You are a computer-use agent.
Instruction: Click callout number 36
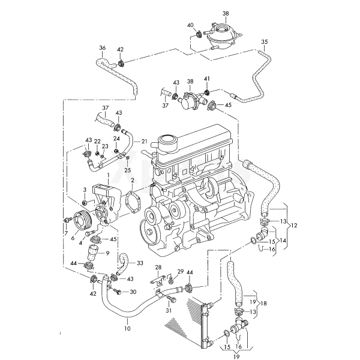[102, 47]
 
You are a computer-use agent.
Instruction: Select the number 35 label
[265, 41]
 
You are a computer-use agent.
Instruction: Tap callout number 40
[190, 25]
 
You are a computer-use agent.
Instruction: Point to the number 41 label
[207, 79]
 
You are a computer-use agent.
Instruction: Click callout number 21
[144, 141]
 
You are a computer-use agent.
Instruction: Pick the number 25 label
[127, 170]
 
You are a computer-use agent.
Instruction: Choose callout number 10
[127, 329]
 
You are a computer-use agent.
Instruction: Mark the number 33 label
[139, 263]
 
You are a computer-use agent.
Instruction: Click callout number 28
[158, 266]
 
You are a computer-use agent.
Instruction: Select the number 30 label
[133, 292]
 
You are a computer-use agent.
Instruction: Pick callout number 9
[108, 253]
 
